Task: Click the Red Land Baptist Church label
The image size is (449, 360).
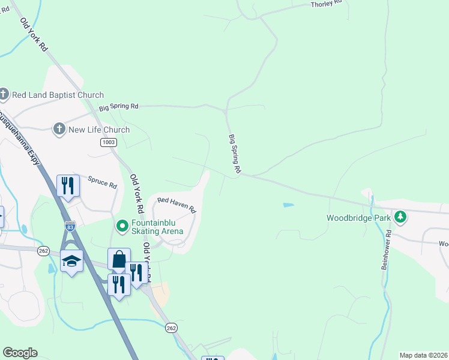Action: pyautogui.click(x=58, y=95)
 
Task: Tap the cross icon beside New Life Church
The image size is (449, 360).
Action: pyautogui.click(x=59, y=129)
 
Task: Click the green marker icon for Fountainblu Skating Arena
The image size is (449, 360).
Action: pyautogui.click(x=122, y=226)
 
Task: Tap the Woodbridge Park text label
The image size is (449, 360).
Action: pyautogui.click(x=358, y=217)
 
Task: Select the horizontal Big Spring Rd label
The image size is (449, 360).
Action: pyautogui.click(x=119, y=106)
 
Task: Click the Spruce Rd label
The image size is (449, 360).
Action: pyautogui.click(x=102, y=182)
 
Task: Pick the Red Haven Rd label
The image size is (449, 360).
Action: pyautogui.click(x=176, y=205)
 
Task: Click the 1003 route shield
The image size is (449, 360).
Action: pyautogui.click(x=109, y=142)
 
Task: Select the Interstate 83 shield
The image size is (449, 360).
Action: pyautogui.click(x=71, y=227)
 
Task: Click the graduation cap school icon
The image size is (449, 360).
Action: pyautogui.click(x=71, y=260)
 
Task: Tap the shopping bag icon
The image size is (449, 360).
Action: pyautogui.click(x=119, y=259)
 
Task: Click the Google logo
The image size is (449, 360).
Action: pyautogui.click(x=20, y=353)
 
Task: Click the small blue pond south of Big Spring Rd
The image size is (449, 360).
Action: pyautogui.click(x=288, y=205)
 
